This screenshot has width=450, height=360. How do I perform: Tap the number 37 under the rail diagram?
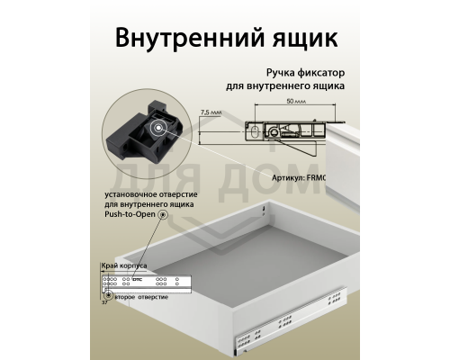[x=104, y=302]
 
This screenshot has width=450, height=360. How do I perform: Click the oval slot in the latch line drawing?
[x=256, y=131]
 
